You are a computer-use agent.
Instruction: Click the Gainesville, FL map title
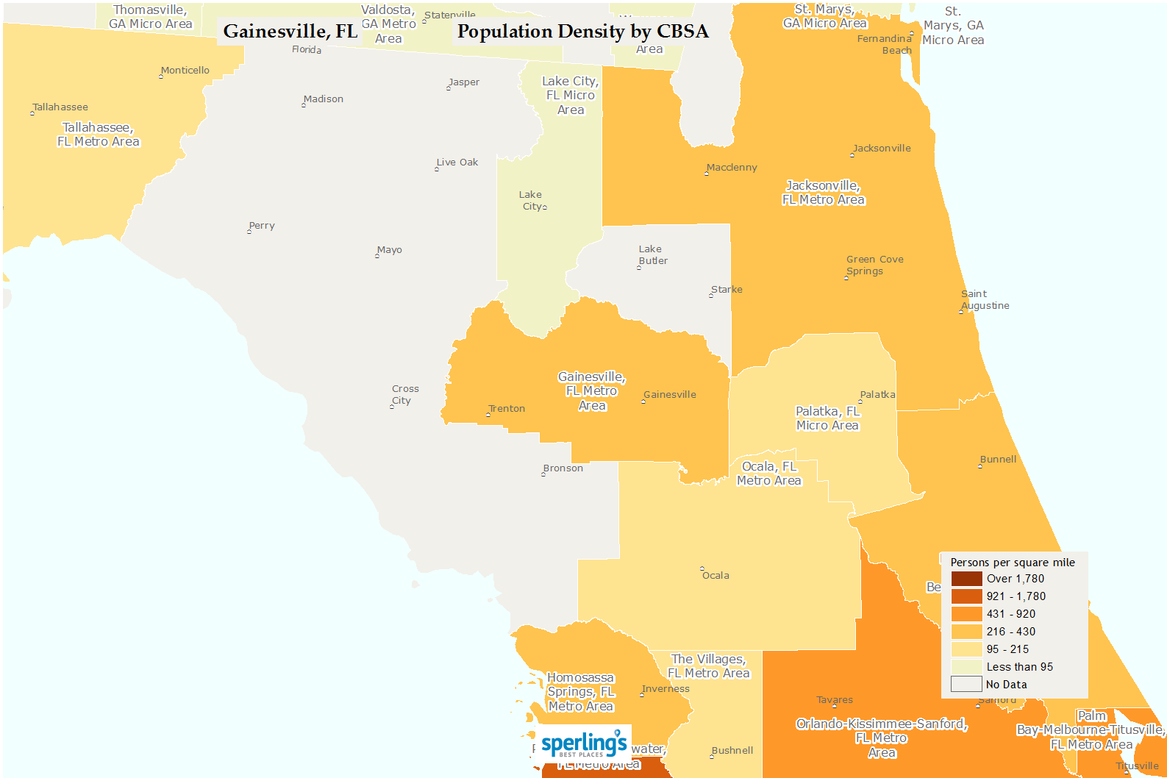(290, 32)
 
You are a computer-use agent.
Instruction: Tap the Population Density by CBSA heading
(582, 32)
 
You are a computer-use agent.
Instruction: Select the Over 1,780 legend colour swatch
(966, 579)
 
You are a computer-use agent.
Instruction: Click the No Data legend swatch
(966, 685)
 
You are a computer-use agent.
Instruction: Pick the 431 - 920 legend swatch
(966, 614)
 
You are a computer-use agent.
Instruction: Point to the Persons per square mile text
(1013, 563)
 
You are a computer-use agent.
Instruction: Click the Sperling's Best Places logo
(584, 744)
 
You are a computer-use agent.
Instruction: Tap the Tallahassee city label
(60, 107)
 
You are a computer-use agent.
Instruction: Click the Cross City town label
(405, 395)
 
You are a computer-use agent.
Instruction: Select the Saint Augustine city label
(985, 300)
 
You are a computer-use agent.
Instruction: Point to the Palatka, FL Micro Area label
(827, 418)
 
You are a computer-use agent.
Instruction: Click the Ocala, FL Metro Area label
(769, 474)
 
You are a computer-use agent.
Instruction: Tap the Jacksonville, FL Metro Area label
(823, 193)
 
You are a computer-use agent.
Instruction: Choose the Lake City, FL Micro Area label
(571, 96)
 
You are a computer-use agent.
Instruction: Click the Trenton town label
(507, 409)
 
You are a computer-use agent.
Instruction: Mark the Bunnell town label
(998, 460)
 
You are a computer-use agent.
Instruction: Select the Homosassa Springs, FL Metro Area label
(581, 692)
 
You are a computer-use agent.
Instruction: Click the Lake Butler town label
(653, 255)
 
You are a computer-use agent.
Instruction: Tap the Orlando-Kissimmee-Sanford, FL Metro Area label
(882, 738)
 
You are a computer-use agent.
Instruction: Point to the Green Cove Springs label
(874, 265)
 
